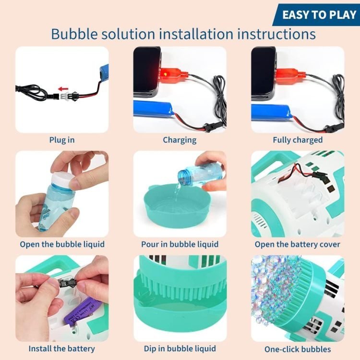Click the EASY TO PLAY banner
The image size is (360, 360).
tap(316, 15)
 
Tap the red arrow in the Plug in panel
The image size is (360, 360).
tap(63, 89)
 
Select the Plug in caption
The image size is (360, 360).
tap(62, 140)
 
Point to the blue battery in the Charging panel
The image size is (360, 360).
tap(154, 110)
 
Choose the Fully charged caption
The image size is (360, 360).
tap(298, 140)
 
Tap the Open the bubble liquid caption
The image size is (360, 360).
tap(62, 244)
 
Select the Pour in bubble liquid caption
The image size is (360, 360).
tap(180, 244)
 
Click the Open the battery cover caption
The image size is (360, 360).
tap(297, 244)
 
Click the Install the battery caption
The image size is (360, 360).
tap(61, 348)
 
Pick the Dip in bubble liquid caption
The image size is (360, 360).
tap(180, 348)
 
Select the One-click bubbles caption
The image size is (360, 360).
tap(298, 349)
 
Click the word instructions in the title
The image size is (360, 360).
tap(276, 34)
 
